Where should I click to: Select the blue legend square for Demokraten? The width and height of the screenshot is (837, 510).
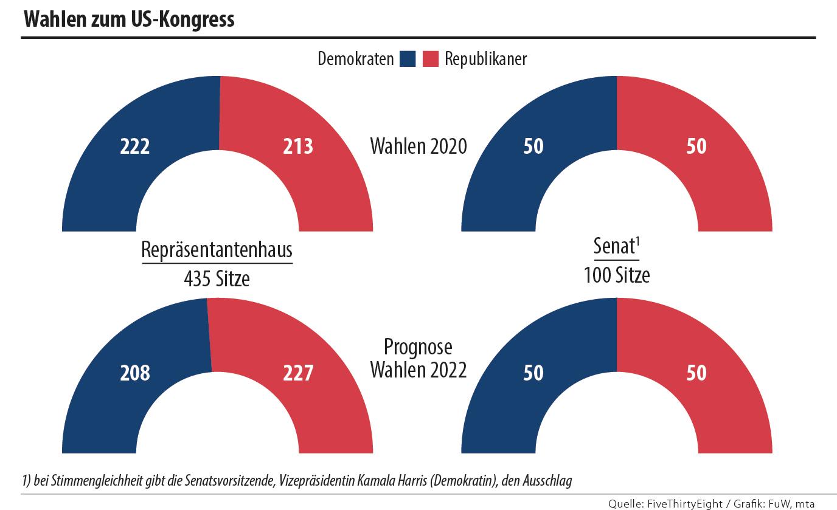408,59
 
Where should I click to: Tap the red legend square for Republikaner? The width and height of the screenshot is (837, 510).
431,59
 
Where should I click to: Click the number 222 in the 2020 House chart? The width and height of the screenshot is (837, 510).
135,146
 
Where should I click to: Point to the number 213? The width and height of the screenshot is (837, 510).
298,146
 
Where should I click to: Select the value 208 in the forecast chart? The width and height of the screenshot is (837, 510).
135,372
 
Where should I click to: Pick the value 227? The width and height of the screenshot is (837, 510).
298,372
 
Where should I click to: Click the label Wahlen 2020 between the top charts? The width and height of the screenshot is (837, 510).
418,146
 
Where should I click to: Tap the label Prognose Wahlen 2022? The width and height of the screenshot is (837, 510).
418,359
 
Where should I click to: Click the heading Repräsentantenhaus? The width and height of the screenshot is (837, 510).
217,250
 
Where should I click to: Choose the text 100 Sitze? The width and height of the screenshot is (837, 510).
617,275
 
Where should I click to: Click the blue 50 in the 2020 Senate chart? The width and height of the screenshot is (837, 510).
533,146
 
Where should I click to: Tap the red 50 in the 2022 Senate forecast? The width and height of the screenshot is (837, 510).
696,372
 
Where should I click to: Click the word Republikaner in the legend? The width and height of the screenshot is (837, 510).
485,59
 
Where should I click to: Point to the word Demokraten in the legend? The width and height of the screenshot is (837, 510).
356,59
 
